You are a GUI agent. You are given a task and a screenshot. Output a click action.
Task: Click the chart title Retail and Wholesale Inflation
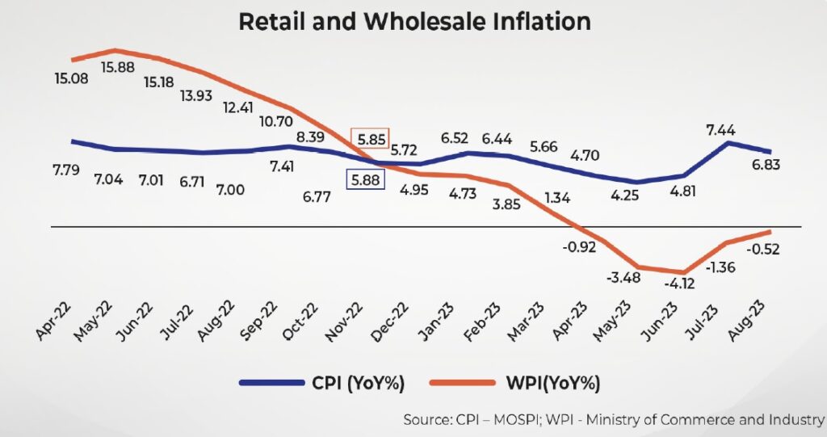click(x=414, y=21)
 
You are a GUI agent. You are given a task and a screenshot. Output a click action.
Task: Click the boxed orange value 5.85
click(x=370, y=139)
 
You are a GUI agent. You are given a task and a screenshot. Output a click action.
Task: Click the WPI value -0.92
click(x=579, y=246)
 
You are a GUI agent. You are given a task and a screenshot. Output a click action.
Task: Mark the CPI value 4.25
click(x=633, y=194)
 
